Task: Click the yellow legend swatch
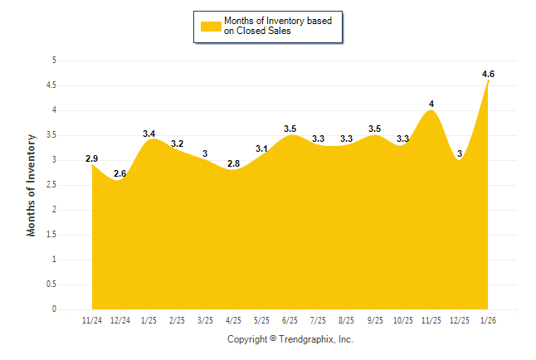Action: [210, 27]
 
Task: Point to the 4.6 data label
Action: [488, 74]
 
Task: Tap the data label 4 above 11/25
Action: [431, 104]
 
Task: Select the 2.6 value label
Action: [120, 173]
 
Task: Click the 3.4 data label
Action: [149, 134]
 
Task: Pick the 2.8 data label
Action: [233, 163]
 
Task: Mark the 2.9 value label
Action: [92, 158]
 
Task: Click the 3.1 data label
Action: [261, 148]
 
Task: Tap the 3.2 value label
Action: [178, 144]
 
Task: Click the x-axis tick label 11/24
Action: [92, 319]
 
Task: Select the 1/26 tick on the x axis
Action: [488, 319]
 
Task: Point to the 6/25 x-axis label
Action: [290, 319]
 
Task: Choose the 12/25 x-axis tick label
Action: [460, 319]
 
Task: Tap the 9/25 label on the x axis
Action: [374, 319]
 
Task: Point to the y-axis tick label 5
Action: [54, 60]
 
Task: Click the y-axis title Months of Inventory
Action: [32, 185]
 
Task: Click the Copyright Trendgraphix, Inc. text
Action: [290, 339]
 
